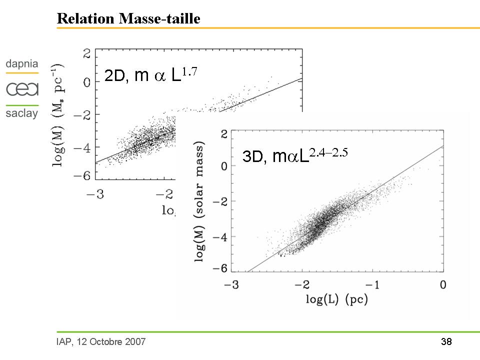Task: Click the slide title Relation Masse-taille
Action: coord(128,19)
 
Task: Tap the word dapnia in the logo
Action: coord(22,64)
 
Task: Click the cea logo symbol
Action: coord(22,89)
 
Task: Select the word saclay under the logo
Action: coord(22,114)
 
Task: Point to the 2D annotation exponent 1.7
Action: coord(190,71)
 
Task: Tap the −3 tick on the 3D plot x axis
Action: coord(228,285)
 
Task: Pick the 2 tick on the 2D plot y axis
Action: coord(86,52)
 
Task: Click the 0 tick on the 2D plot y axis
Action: coord(86,82)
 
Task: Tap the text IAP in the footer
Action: coord(64,342)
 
